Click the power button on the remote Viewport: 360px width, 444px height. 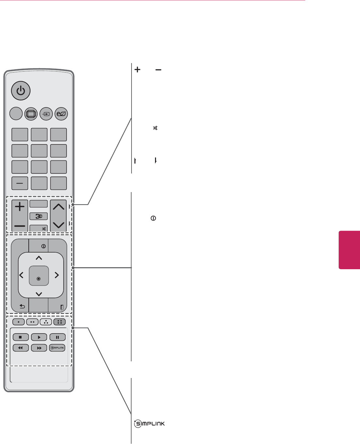coord(21,90)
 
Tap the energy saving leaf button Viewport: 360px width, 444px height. coord(61,114)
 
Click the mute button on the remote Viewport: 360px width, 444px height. coord(39,228)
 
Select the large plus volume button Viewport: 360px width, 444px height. coord(20,207)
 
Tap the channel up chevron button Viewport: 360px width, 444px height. coord(58,207)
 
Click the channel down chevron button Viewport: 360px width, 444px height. coord(58,224)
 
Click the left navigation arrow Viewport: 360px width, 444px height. coord(22,275)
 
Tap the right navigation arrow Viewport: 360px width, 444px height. coord(56,275)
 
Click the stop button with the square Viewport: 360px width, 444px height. coord(21,337)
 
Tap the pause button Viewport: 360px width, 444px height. coord(57,337)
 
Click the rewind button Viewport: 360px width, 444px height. coord(21,348)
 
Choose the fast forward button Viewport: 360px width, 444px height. coord(39,348)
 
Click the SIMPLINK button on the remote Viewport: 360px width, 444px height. coord(57,348)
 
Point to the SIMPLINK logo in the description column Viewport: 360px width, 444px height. coord(149,424)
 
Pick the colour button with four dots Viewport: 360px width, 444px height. coord(59,322)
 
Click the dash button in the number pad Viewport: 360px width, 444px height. coord(20,183)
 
